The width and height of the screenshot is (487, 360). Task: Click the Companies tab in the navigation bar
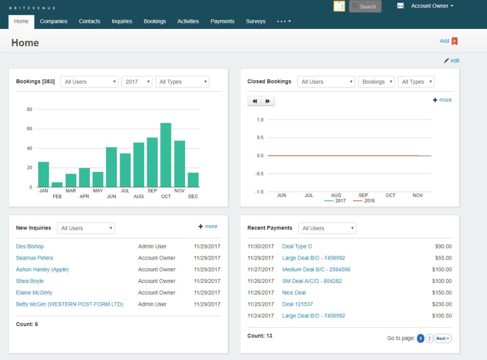click(x=54, y=21)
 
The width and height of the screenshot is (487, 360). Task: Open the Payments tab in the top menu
click(x=222, y=21)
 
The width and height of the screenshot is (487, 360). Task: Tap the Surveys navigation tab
click(x=256, y=21)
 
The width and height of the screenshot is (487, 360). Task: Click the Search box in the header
click(x=365, y=7)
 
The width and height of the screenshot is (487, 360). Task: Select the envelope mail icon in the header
click(x=400, y=6)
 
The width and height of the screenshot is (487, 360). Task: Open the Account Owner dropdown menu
click(x=432, y=6)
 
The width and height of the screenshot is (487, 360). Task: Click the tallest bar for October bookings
click(x=166, y=155)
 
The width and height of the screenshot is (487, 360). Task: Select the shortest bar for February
click(x=57, y=185)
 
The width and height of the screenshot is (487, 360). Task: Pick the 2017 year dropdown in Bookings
click(x=136, y=82)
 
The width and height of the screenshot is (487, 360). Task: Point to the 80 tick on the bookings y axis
click(x=29, y=110)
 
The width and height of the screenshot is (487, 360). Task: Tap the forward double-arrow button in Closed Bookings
click(x=268, y=101)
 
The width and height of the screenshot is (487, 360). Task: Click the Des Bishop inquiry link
click(x=30, y=246)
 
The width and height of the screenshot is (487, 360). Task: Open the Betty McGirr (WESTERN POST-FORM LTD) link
click(x=69, y=304)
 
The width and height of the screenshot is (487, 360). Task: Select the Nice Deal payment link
click(x=294, y=293)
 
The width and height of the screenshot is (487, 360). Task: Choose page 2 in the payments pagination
click(x=429, y=338)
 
